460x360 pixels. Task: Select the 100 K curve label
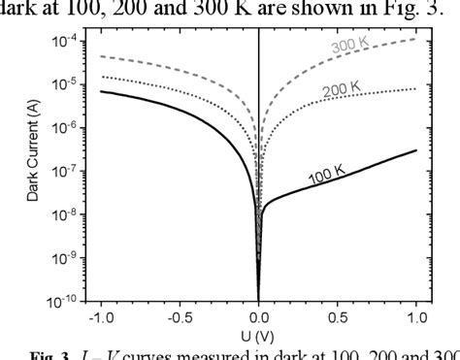328,175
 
